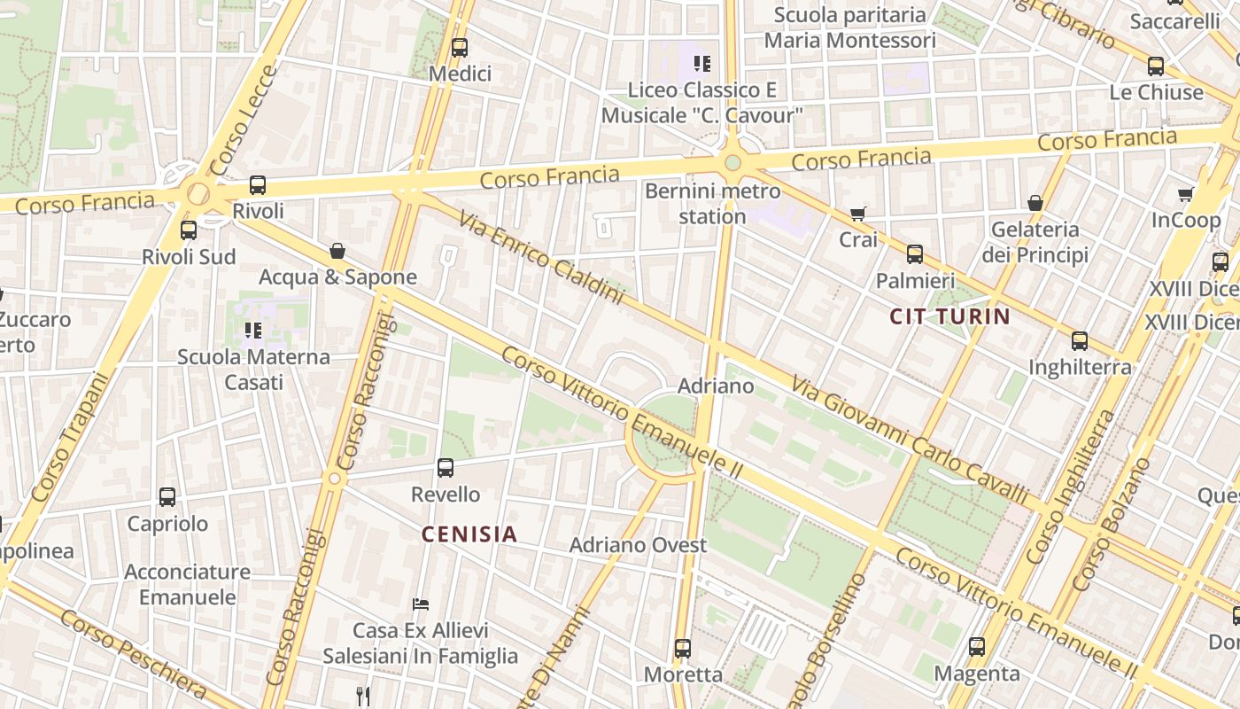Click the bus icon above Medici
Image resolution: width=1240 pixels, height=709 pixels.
point(459,48)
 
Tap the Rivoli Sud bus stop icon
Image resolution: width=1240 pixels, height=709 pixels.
point(189,230)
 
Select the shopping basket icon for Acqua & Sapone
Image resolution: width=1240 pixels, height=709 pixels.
point(337,251)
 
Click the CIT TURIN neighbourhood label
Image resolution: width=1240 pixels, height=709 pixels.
point(949,316)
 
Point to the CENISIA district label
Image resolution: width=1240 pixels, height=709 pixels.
point(469,534)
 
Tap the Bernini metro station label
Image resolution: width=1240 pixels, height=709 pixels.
point(713,204)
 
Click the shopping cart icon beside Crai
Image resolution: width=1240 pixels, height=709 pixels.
point(857,214)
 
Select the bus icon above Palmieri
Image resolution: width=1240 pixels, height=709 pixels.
point(915,254)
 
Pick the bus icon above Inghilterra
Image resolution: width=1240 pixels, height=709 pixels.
point(1079,340)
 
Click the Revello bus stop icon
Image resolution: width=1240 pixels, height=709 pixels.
point(446,467)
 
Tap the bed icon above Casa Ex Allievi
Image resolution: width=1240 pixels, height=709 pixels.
point(421,604)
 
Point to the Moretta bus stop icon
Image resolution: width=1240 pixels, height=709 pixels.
point(682,648)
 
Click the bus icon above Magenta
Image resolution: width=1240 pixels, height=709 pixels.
point(977,647)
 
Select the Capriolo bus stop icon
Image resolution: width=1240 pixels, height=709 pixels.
point(167,496)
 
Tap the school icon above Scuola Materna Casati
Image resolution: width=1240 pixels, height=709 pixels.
point(253,331)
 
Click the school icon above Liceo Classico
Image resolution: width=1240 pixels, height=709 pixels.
point(702,63)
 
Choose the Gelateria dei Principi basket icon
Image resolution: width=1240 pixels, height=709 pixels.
point(1035,203)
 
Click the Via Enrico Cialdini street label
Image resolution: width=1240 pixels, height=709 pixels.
point(541,256)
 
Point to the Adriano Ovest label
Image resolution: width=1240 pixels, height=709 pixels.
point(638,544)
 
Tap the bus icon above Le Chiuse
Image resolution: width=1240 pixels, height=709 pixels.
point(1156,66)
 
